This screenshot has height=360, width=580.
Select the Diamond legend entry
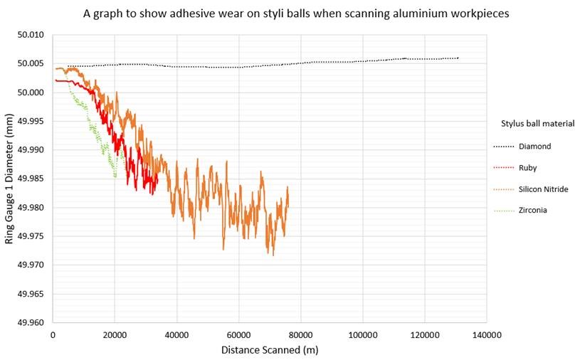point(534,147)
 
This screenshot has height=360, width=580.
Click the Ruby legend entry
point(528,168)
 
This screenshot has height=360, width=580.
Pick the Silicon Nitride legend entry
point(543,189)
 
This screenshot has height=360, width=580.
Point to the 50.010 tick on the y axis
point(33,35)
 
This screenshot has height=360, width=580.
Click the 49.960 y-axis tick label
point(33,322)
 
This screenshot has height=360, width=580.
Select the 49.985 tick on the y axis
point(33,179)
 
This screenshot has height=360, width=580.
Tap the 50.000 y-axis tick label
point(33,92)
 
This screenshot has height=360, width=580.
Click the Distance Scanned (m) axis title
point(270,349)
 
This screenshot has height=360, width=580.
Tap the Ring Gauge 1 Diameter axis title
point(10,178)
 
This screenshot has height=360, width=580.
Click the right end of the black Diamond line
point(458,58)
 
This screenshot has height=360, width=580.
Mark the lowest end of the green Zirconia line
point(115,176)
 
